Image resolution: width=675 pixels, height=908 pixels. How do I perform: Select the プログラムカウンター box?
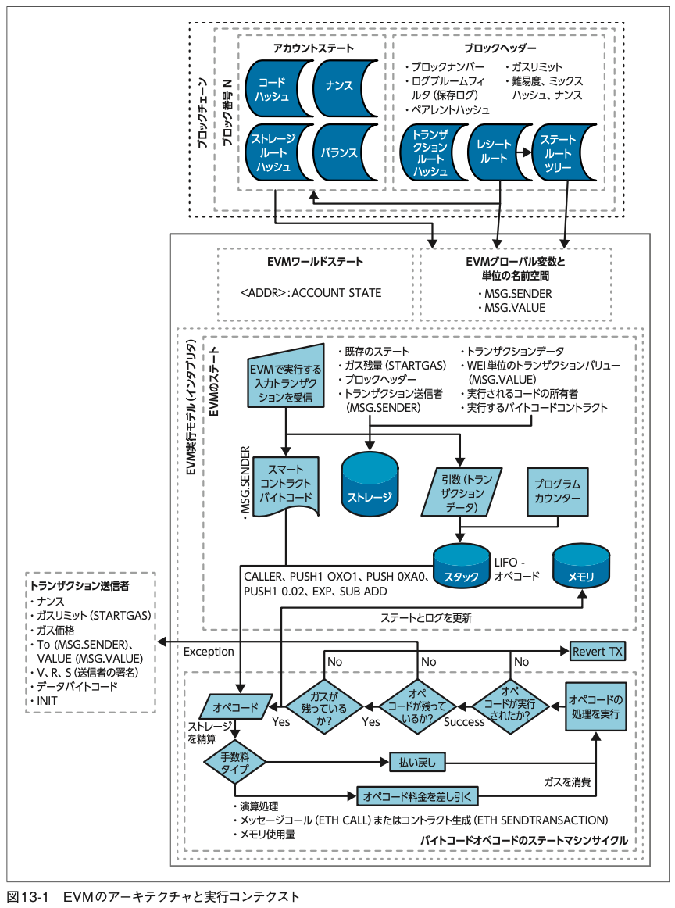coord(558,492)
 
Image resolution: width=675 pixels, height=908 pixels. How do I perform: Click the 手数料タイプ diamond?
coord(235,762)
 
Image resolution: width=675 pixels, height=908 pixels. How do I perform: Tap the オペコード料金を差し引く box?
coord(416,796)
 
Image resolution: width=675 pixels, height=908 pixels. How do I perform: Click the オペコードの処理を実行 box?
coord(597,706)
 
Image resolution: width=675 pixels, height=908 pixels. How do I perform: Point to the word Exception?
coord(209,651)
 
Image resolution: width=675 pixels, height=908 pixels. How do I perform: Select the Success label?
coord(464,721)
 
